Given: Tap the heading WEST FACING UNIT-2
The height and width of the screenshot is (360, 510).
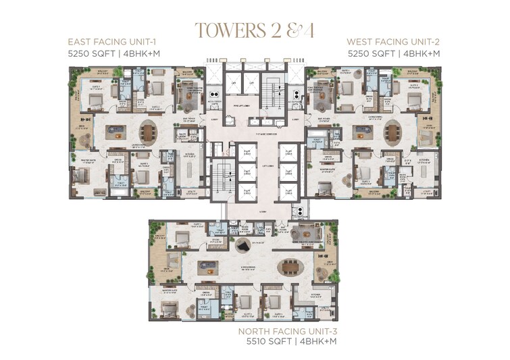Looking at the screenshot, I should tap(394, 41).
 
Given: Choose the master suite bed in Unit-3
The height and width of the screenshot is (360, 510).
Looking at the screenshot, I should tap(170, 309).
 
